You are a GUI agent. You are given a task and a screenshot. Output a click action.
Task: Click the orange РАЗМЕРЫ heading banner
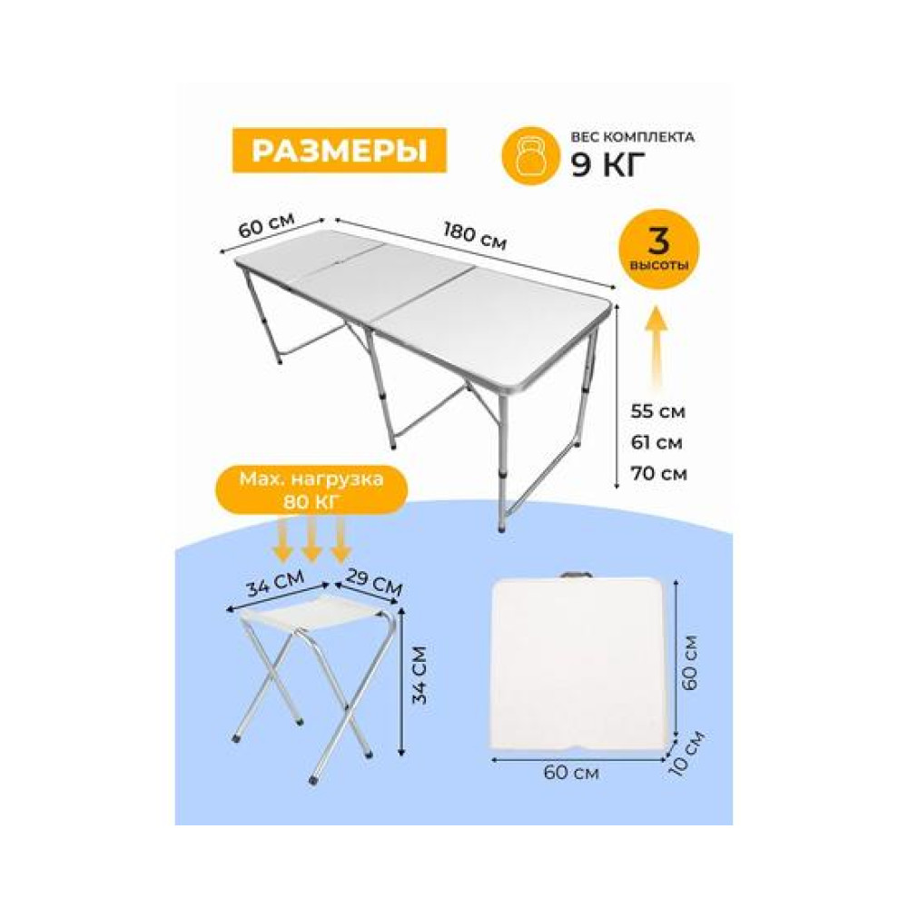340,151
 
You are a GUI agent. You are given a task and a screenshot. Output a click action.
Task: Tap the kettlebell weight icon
530,156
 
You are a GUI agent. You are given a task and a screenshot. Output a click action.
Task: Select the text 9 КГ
608,165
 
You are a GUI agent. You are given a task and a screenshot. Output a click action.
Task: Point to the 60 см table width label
267,224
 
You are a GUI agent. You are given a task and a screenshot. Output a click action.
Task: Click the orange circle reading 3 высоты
659,249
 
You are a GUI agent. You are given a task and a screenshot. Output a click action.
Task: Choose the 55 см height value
657,411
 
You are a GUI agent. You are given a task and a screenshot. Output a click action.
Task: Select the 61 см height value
656,442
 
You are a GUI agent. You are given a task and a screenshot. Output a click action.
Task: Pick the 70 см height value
659,474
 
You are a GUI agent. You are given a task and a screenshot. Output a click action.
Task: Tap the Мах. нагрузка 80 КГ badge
311,490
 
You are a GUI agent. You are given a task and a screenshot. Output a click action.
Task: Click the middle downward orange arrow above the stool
311,539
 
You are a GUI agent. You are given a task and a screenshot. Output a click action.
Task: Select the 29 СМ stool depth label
374,583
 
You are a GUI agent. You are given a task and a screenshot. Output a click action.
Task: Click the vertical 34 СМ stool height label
419,676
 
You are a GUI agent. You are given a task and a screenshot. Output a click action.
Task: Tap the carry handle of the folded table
577,576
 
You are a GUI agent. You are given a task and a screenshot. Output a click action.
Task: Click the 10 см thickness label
686,753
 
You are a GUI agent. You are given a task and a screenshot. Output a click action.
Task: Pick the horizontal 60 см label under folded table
571,773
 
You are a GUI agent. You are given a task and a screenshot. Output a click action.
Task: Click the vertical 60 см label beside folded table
690,663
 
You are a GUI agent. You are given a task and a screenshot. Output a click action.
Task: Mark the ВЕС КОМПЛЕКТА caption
632,137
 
